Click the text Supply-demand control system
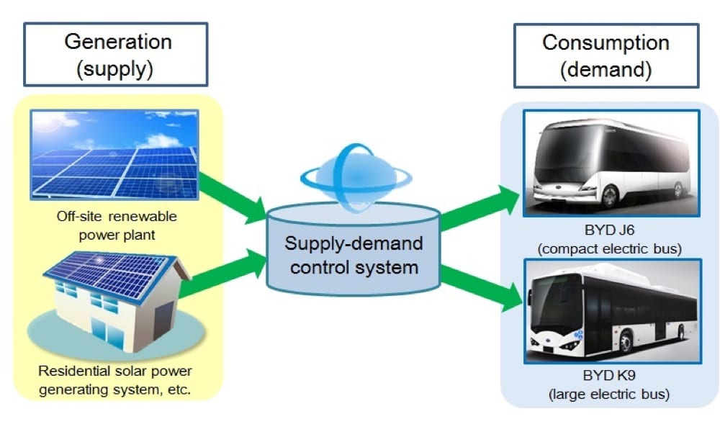tap(353, 255)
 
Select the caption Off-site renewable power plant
tap(117, 224)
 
